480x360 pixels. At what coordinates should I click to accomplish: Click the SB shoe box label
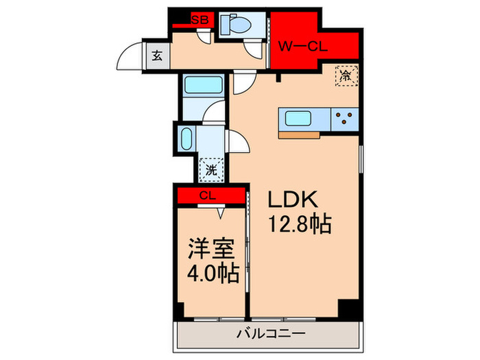coord(200,21)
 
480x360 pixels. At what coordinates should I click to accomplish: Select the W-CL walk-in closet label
coord(304,47)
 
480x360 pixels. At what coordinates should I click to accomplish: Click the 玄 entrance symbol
coord(157,57)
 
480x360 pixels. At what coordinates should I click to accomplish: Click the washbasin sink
coord(186,140)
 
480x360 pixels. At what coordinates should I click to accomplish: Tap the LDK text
coord(291,200)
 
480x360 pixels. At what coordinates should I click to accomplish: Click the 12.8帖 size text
coord(300,224)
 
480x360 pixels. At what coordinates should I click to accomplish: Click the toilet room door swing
coord(254,50)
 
